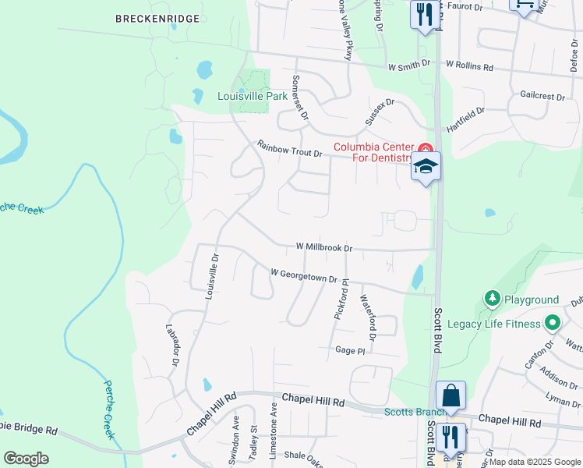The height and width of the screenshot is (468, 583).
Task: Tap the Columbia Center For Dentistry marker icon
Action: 425,148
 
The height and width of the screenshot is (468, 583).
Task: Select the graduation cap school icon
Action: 426,166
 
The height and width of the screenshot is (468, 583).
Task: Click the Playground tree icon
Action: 492,299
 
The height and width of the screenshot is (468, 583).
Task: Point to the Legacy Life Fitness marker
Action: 553,322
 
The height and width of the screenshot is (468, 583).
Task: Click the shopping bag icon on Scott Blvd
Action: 450,395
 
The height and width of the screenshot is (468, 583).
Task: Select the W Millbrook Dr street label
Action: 324,247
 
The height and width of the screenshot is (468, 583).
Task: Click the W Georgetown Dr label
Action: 303,275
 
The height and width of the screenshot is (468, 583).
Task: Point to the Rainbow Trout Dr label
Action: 289,148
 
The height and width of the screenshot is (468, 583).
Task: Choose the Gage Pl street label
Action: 350,351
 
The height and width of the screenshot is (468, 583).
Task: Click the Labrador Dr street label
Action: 173,345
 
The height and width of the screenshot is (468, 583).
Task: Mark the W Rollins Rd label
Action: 469,67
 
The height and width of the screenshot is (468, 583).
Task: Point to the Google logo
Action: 26,458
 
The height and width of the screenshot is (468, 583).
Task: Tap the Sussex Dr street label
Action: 380,112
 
